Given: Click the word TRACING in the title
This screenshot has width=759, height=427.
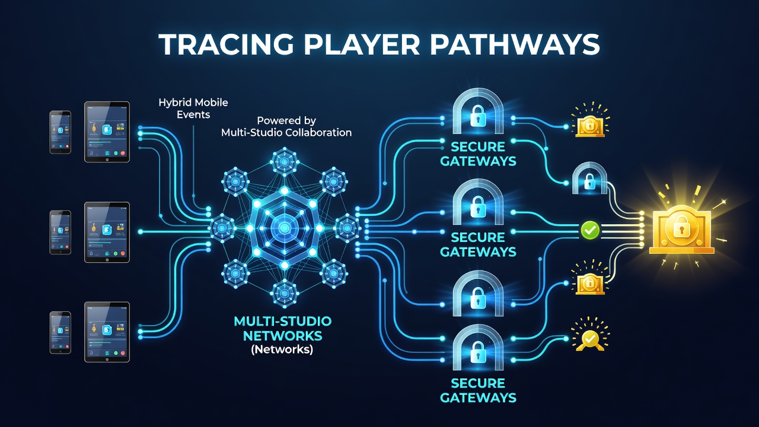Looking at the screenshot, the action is (x=226, y=44).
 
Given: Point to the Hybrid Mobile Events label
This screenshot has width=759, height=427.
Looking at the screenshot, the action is (x=193, y=109).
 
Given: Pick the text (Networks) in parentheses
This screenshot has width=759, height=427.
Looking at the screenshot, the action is (x=282, y=349).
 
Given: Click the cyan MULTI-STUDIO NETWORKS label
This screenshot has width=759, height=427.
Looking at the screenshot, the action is (x=283, y=329).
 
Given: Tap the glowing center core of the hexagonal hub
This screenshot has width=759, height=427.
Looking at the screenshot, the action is (x=285, y=228).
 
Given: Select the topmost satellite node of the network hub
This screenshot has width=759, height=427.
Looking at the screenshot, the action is (x=285, y=161).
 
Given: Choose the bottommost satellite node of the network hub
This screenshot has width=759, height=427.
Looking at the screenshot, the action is (x=285, y=293).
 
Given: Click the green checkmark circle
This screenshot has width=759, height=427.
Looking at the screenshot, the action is (x=590, y=231).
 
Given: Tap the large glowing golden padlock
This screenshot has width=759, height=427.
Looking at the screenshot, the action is (x=682, y=230).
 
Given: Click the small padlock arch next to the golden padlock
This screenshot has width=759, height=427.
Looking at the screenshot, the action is (x=589, y=179).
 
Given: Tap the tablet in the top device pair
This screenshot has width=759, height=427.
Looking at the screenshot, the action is (x=107, y=132).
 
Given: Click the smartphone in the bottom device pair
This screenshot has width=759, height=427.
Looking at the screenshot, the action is (x=60, y=333).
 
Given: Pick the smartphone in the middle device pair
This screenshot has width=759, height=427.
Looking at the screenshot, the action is (x=60, y=232).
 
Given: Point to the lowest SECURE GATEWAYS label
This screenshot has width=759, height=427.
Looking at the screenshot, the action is (x=478, y=390).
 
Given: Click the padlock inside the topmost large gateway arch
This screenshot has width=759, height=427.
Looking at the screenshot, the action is (x=478, y=116).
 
